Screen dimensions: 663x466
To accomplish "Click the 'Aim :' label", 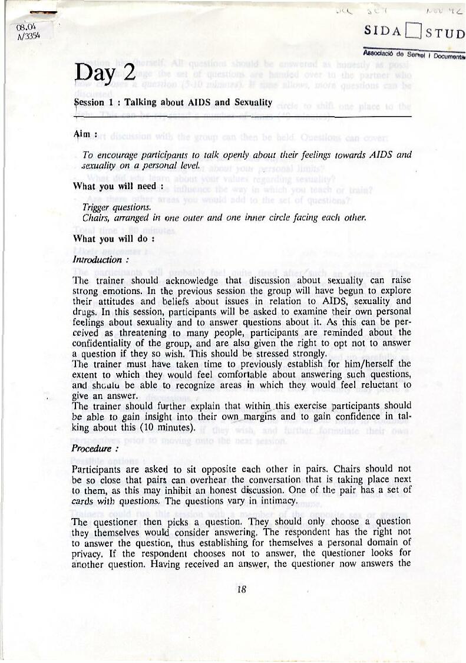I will point(85,135).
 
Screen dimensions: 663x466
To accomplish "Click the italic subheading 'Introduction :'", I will point(100,259).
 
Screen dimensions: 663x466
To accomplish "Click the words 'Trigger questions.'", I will point(117,207).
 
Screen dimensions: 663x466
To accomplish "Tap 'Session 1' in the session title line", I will point(95,103).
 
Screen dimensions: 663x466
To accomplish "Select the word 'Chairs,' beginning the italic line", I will point(96,218).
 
